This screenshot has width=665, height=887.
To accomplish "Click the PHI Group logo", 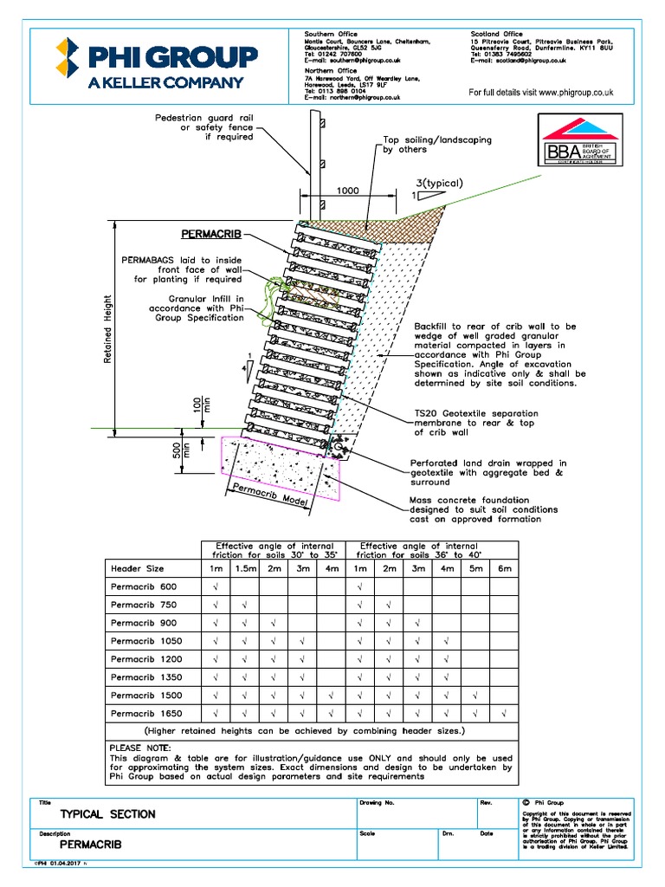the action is (157, 64).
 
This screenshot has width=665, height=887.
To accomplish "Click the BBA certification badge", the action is (579, 141).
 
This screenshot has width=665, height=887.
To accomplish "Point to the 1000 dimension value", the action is (348, 190).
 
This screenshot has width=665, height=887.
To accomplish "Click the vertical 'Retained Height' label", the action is (108, 329).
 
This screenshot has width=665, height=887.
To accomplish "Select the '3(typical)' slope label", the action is (438, 183).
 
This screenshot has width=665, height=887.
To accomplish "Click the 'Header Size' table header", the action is (138, 569).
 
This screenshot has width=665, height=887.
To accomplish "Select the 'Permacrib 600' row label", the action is (144, 587).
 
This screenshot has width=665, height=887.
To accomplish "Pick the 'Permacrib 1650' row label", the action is (146, 714).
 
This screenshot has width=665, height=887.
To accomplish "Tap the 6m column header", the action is (504, 569).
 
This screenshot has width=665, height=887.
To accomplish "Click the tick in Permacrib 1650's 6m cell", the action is (504, 714).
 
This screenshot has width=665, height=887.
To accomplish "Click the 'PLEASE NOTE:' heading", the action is (140, 747).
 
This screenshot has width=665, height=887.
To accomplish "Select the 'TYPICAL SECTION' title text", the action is (107, 814).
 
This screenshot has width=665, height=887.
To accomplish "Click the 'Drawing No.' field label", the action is (377, 803).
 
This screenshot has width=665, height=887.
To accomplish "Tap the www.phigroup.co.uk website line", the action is (541, 92).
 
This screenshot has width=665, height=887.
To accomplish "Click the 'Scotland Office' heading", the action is (496, 34).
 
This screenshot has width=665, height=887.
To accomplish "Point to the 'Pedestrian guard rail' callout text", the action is (203, 118).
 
